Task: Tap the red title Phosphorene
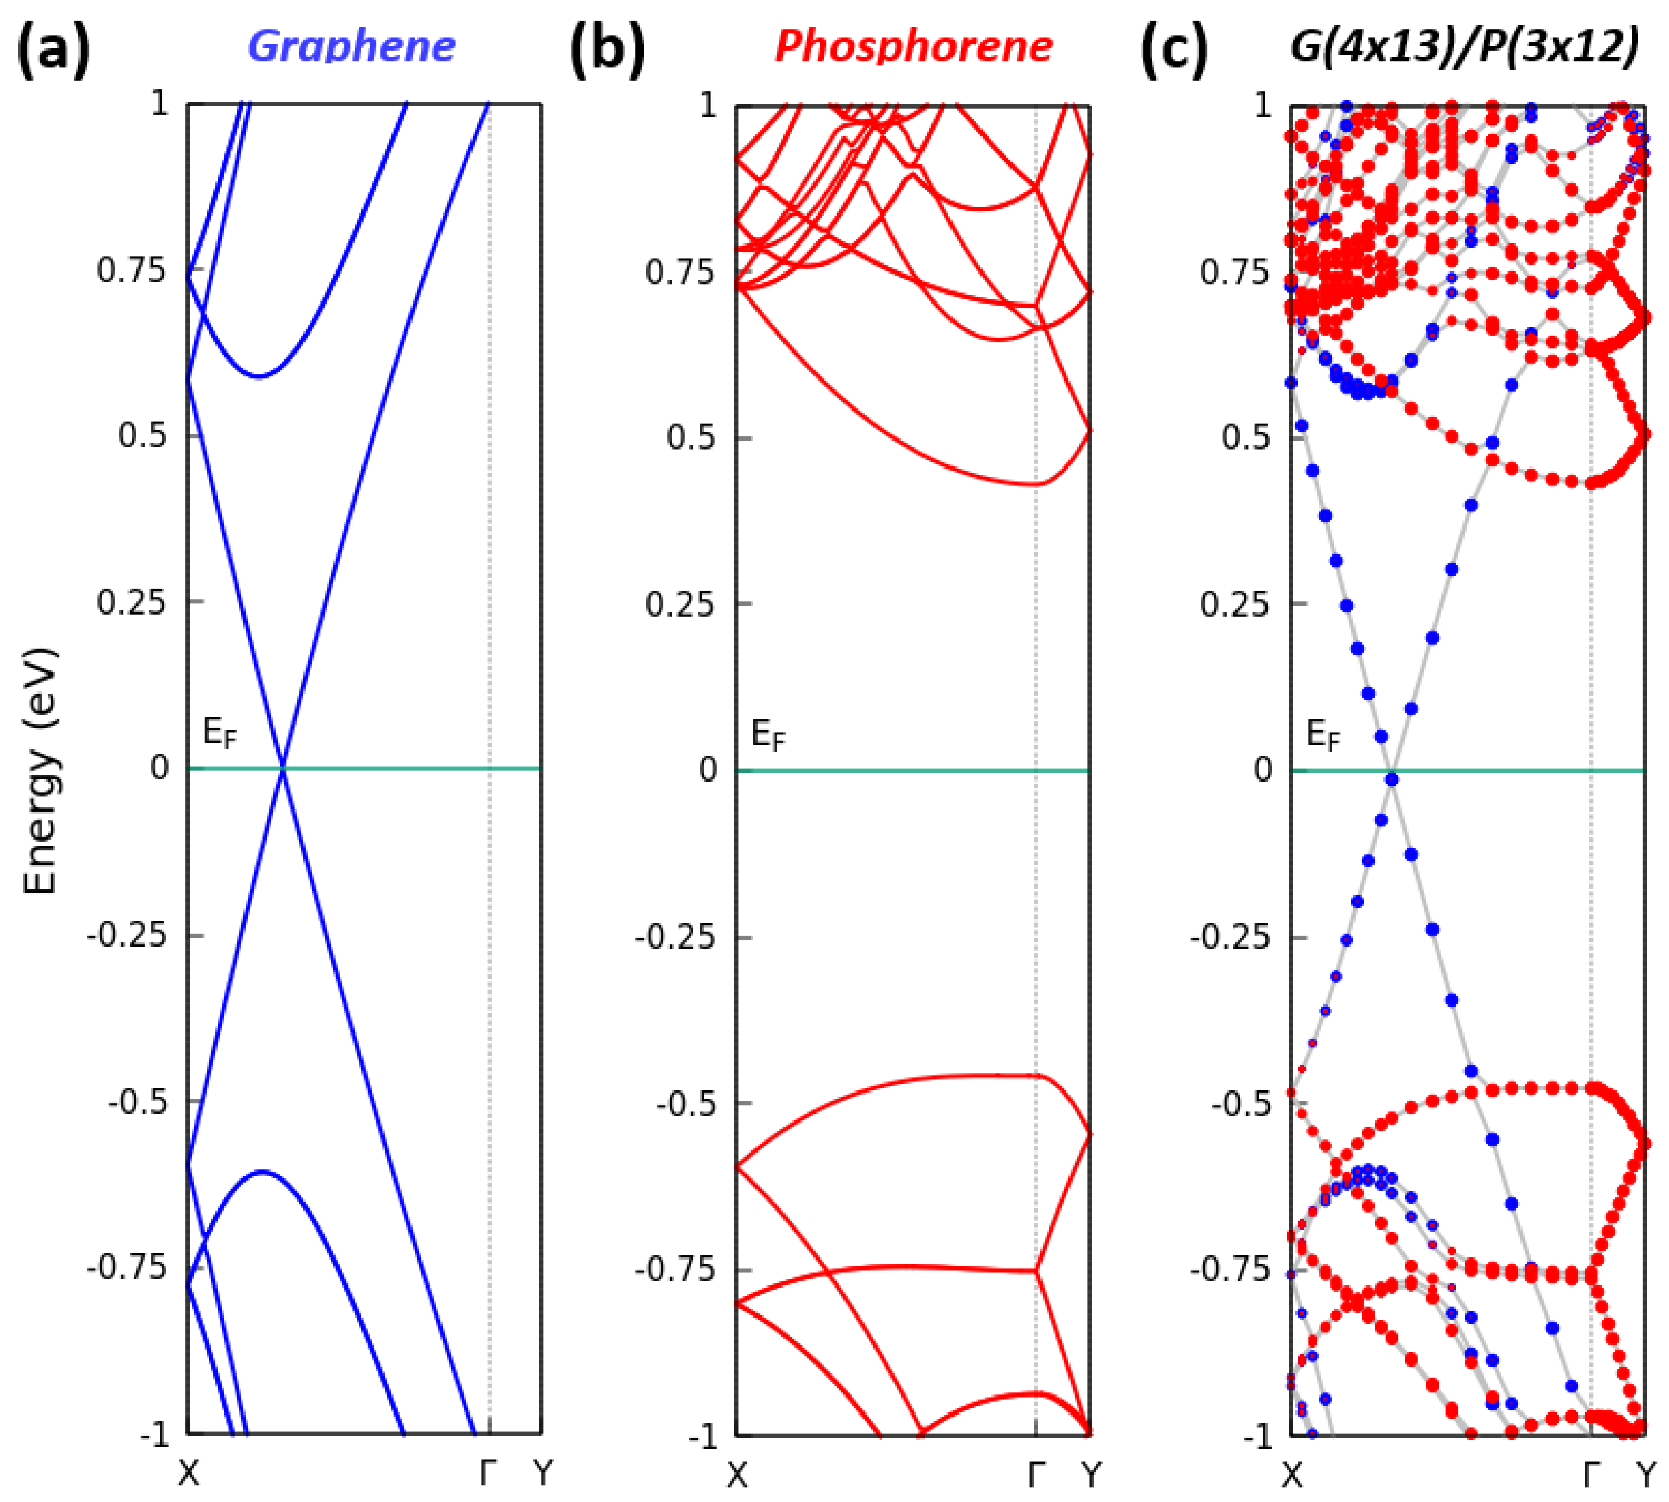coord(914,47)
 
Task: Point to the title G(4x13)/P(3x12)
coord(1465,47)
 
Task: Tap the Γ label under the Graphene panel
coord(489,1471)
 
